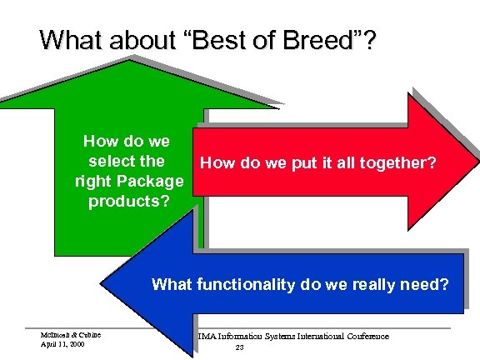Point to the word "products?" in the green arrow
pyautogui.click(x=127, y=202)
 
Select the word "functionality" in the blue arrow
pyautogui.click(x=245, y=285)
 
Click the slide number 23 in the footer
pyautogui.click(x=239, y=347)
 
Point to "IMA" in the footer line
pyautogui.click(x=206, y=337)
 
